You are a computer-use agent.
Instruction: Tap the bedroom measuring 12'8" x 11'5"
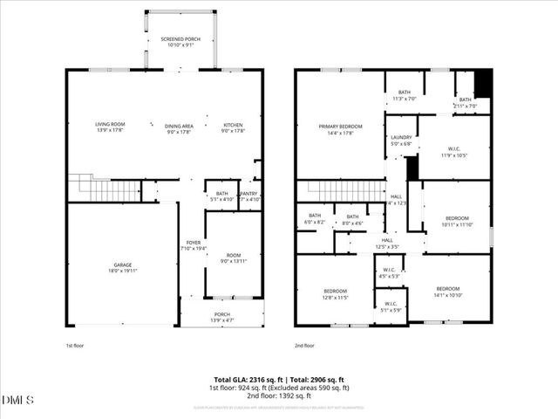336,293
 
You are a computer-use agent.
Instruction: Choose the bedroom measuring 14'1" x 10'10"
448,292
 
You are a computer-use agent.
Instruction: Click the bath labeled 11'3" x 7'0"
405,95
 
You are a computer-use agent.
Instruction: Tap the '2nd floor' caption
305,345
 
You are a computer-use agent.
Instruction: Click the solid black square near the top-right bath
482,84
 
